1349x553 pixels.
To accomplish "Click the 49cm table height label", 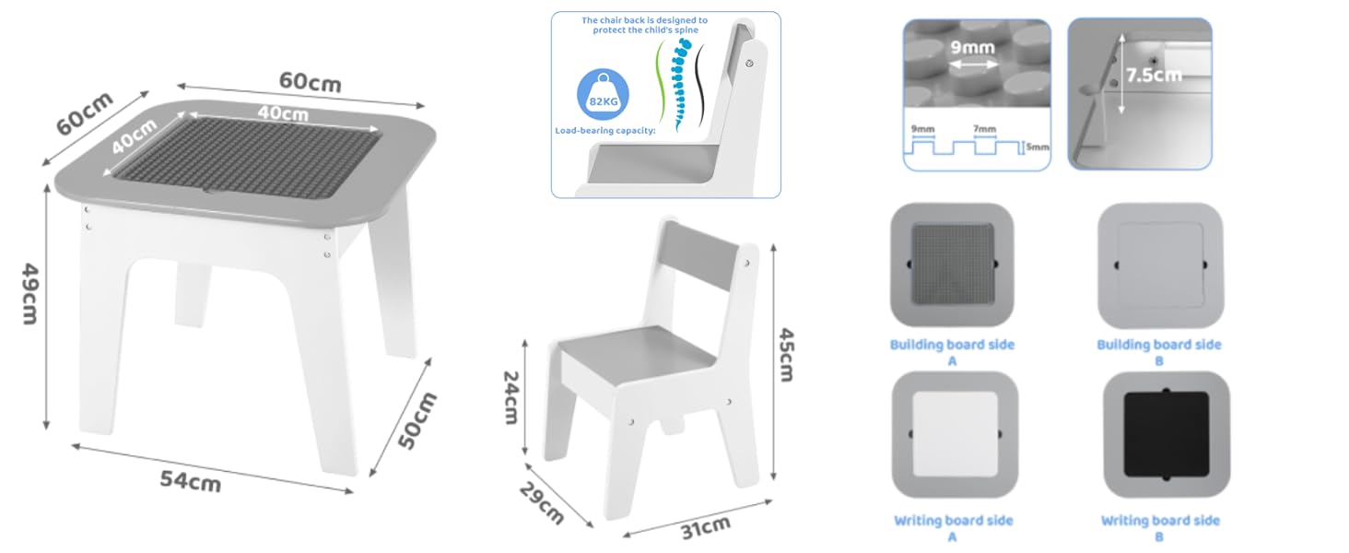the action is click(x=30, y=294).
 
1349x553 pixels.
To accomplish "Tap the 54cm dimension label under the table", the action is click(x=191, y=481).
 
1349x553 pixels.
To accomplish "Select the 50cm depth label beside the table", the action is click(x=417, y=420).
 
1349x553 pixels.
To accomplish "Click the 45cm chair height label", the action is click(x=787, y=355).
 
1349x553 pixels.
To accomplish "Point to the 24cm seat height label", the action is click(x=510, y=397).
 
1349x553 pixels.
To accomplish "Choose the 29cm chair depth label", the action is click(x=542, y=503).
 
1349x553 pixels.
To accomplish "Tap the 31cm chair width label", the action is click(x=705, y=528).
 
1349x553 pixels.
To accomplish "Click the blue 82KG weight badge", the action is click(x=603, y=95).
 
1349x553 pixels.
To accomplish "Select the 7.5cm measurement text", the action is click(x=1154, y=75).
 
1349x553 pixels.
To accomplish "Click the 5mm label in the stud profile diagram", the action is click(x=1038, y=147).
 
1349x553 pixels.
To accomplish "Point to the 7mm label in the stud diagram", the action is click(x=985, y=129).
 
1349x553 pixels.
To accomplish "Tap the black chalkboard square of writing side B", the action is click(x=1167, y=434).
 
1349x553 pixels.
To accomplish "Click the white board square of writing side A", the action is click(x=956, y=434).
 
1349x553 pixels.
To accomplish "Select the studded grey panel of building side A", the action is click(x=953, y=264).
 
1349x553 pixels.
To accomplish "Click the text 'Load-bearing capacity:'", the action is click(x=604, y=131).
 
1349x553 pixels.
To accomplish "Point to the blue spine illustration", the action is click(x=681, y=84).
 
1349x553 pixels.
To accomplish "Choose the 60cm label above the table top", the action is click(x=311, y=82).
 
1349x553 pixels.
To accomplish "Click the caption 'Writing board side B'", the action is click(x=1160, y=528).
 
